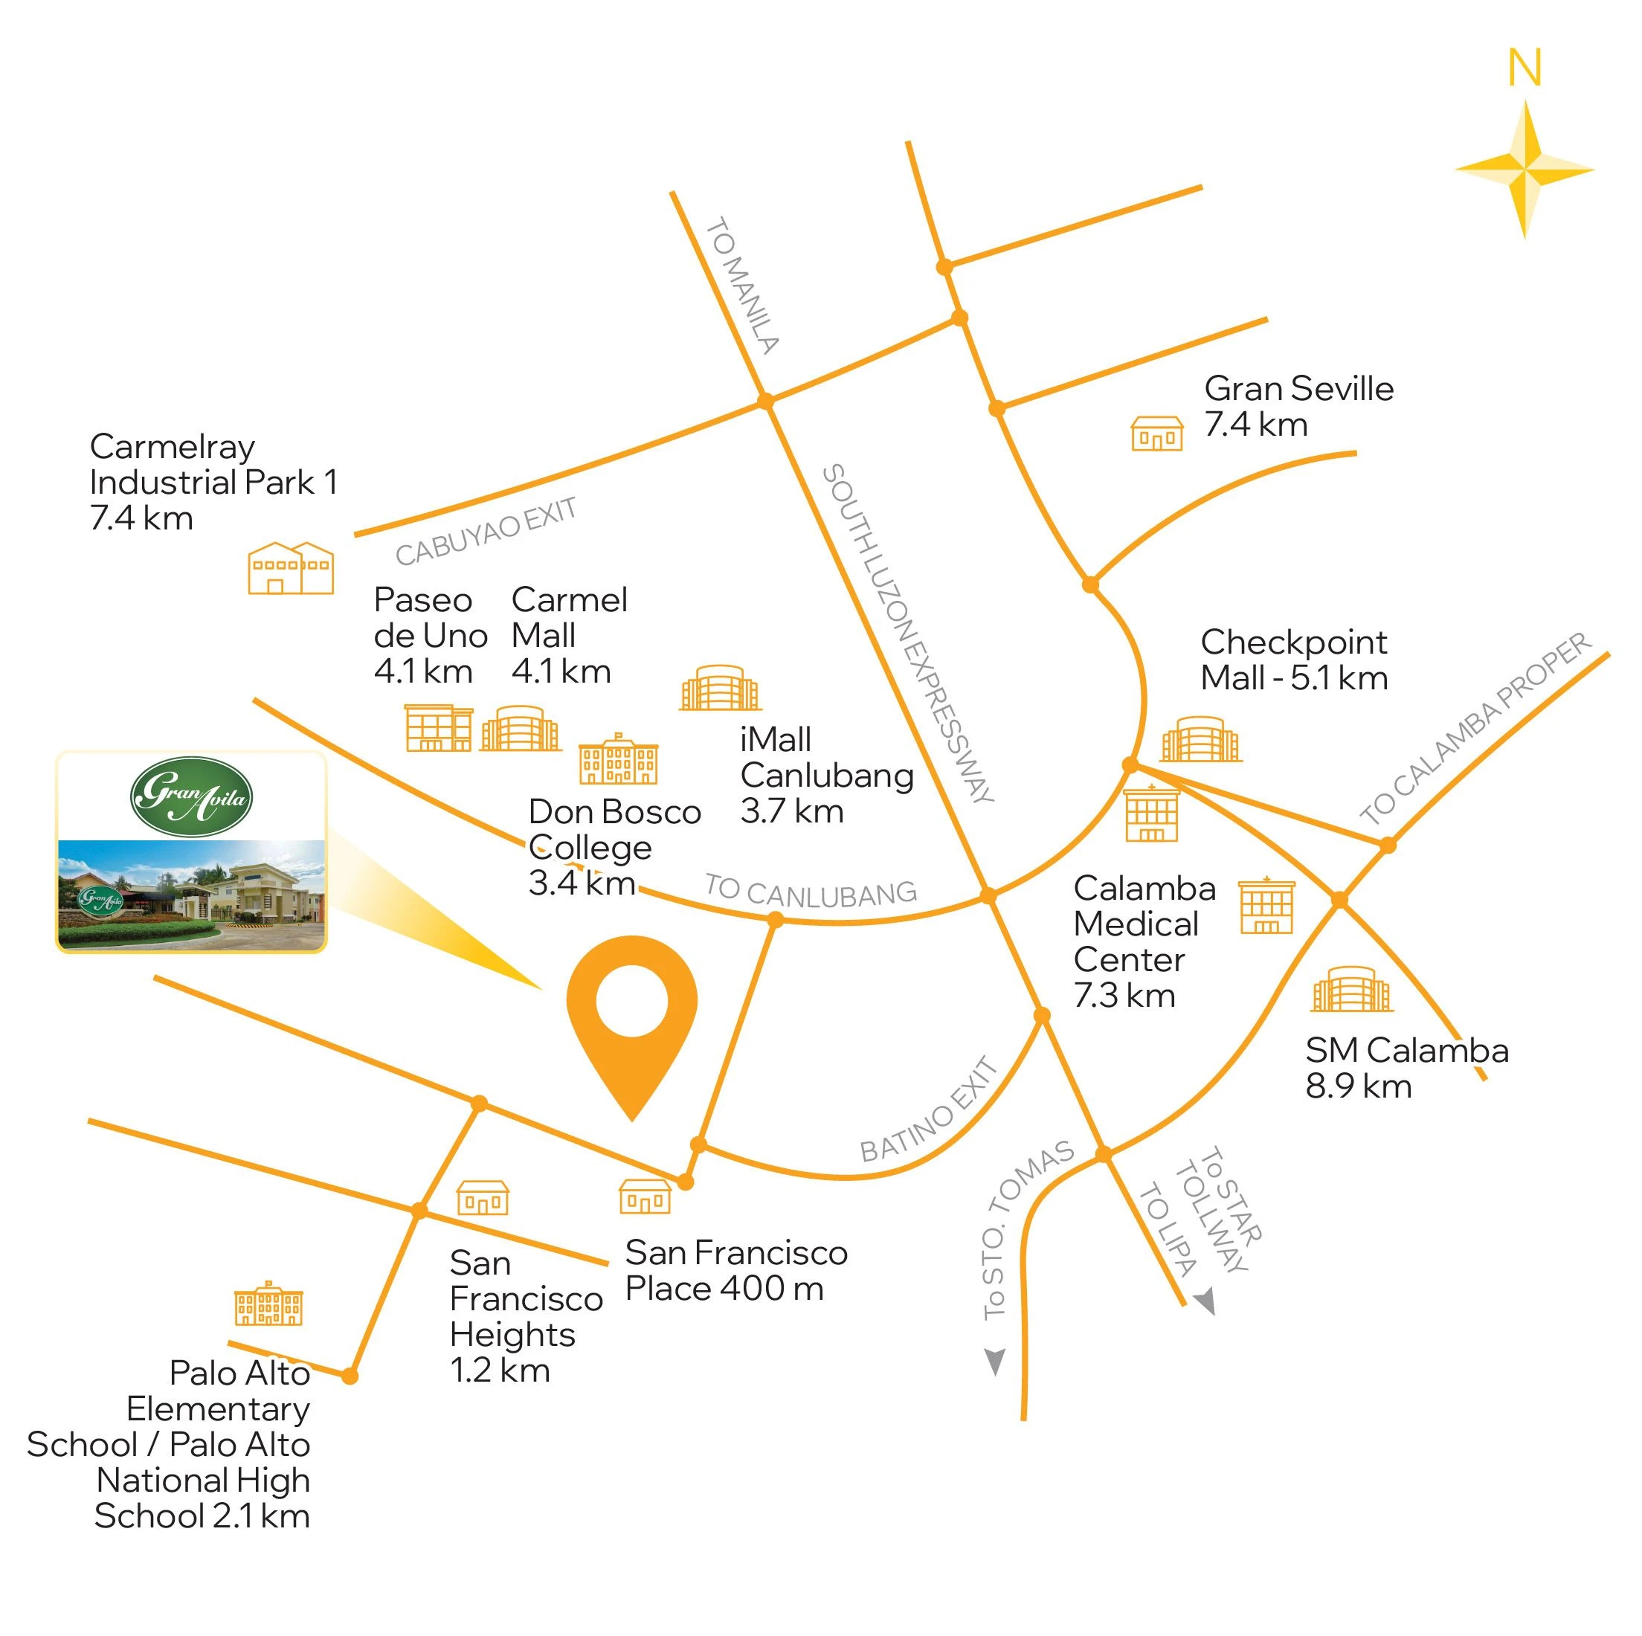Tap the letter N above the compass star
coord(1524,68)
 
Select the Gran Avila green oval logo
coord(191,796)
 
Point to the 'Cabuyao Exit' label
coord(486,532)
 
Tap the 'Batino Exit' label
coord(928,1110)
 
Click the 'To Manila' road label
coord(742,286)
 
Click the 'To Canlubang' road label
coord(811,891)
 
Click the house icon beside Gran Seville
coord(1156,434)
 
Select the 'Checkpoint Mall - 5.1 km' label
coord(1293,660)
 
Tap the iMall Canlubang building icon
coord(720,688)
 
